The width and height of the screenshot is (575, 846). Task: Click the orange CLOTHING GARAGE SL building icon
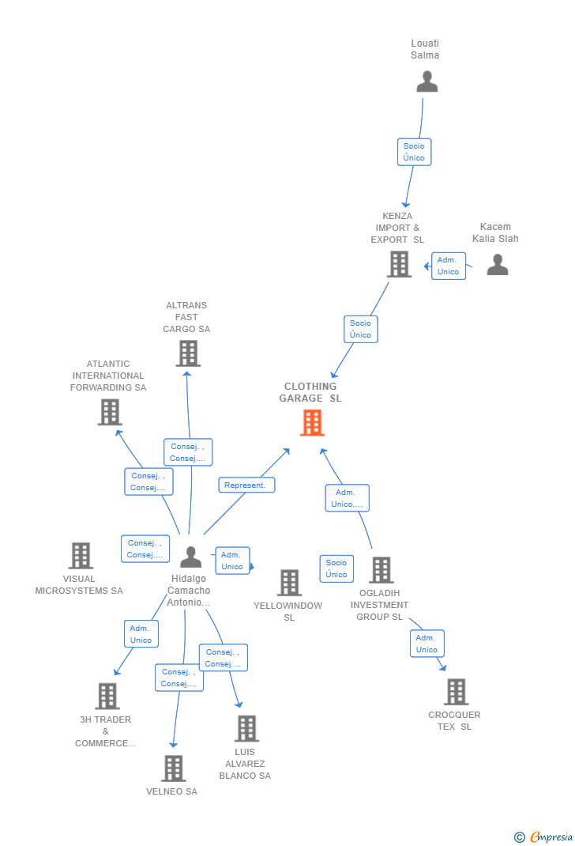pos(312,423)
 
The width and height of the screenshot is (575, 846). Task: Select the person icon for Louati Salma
pos(427,81)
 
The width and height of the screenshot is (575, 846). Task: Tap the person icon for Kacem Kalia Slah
pos(498,264)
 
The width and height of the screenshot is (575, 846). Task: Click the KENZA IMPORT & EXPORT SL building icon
pos(399,264)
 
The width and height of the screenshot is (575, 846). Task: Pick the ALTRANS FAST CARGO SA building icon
pos(188,353)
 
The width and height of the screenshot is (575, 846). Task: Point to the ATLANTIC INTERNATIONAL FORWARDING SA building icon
pos(110,412)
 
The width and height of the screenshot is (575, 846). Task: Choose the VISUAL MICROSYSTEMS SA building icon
pos(81,556)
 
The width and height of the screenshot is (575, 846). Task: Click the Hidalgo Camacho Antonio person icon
pos(190,557)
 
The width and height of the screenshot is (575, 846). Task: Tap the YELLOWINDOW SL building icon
pos(289,583)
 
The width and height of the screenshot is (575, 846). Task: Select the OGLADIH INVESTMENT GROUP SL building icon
pos(381,570)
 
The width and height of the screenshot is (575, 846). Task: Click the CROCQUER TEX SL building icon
pos(456,692)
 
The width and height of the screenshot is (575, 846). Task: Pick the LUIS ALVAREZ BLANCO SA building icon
pos(246,728)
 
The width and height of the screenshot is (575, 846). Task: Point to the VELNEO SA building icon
pos(173,768)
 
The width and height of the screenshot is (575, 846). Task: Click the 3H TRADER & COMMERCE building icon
pos(107,696)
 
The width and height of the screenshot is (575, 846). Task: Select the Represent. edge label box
pos(246,485)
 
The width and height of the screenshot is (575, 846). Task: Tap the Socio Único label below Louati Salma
pos(414,152)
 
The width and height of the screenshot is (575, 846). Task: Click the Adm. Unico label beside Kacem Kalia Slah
pos(448,266)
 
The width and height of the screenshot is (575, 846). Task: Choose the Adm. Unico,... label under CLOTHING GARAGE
pos(347,498)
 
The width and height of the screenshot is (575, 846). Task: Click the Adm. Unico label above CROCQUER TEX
pos(427,644)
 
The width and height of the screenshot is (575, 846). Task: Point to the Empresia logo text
pos(551,837)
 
